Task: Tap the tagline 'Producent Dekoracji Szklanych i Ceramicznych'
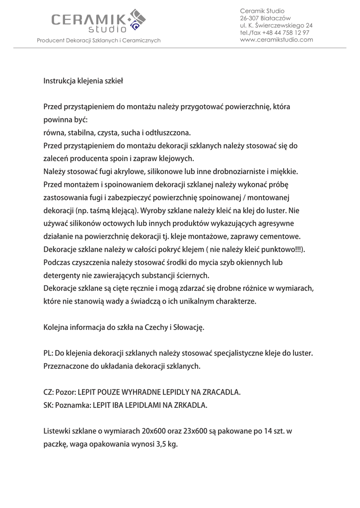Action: [99, 40]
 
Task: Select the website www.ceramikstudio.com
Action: [276, 40]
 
